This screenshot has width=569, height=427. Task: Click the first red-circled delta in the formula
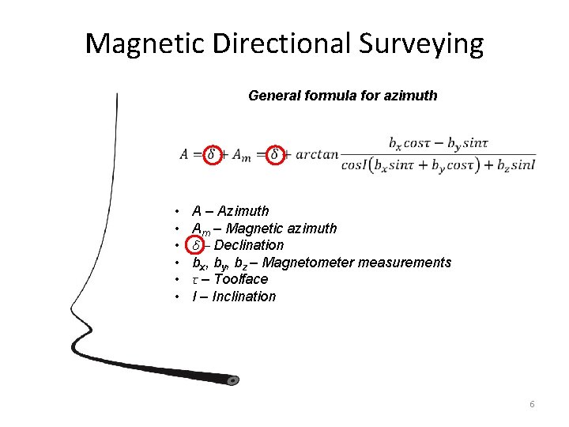coord(211,154)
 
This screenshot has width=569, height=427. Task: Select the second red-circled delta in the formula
coord(274,154)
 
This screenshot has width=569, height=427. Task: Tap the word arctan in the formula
coord(316,155)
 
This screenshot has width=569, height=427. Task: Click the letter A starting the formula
coord(184,155)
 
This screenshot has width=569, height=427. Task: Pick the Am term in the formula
coord(241,156)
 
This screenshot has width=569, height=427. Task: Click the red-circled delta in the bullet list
coord(198,245)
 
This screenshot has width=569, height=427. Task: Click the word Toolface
coord(241,279)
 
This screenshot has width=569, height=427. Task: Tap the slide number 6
coord(532,404)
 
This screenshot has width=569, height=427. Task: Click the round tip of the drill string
coord(233,380)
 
